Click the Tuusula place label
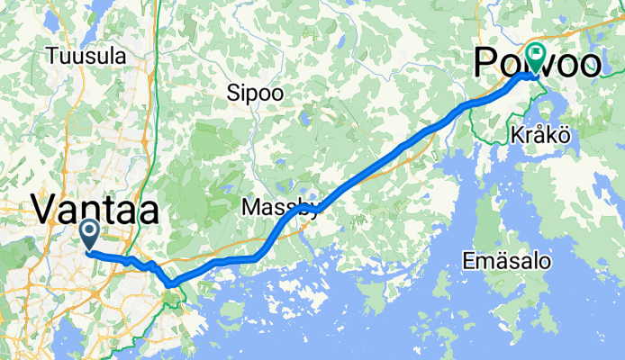pos(86,56)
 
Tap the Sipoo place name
pos(255,93)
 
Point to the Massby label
pos(279,208)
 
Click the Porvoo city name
pos(538,65)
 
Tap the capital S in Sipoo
pos(232,93)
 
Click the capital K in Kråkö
pos(514,133)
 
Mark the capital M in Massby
pos(251,208)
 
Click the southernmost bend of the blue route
pos(169,285)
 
